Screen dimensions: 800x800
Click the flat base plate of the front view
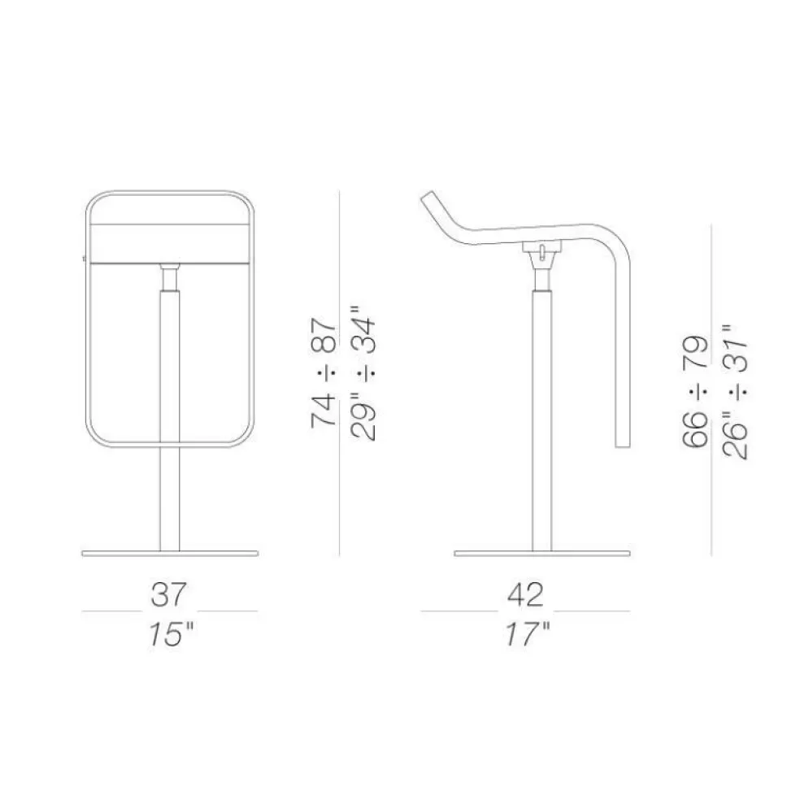(x=170, y=554)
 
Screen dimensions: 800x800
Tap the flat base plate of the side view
(x=542, y=554)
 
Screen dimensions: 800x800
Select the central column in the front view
(x=170, y=407)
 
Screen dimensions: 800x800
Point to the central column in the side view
(x=541, y=407)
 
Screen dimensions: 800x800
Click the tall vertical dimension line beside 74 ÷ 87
(x=338, y=374)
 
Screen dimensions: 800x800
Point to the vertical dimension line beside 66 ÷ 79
(x=712, y=390)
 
